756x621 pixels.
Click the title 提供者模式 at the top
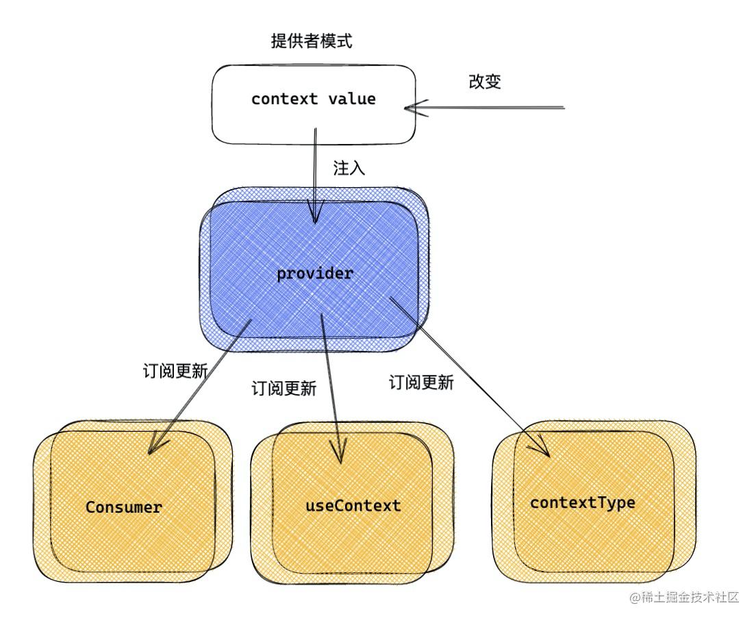[x=312, y=42]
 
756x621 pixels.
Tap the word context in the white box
[x=284, y=99]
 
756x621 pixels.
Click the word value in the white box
[x=351, y=99]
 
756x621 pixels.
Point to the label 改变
[x=485, y=82]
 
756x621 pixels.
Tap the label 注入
[x=349, y=168]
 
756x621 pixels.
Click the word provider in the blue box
[x=315, y=274]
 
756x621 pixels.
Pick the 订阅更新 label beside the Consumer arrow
[x=175, y=371]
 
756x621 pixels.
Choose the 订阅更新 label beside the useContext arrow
[x=284, y=389]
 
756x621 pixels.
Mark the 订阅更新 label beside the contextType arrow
[x=421, y=382]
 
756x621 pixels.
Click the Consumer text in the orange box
[x=124, y=508]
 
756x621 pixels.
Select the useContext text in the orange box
[x=352, y=507]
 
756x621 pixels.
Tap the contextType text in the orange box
[x=582, y=503]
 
